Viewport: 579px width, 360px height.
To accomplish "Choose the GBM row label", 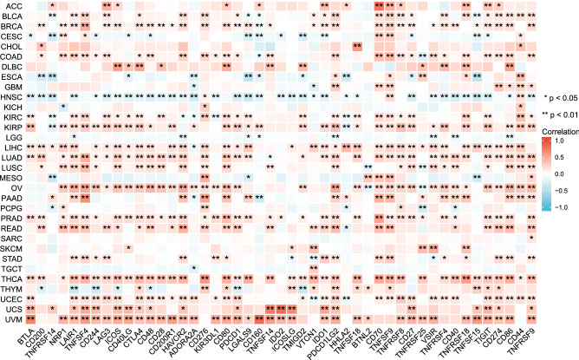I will pyautogui.click(x=12, y=86).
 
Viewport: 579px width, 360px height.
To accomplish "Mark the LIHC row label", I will pyautogui.click(x=12, y=147).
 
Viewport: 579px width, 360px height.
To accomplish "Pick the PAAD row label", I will pyautogui.click(x=12, y=197).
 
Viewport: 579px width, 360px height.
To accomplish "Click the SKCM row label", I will pyautogui.click(x=12, y=247).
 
